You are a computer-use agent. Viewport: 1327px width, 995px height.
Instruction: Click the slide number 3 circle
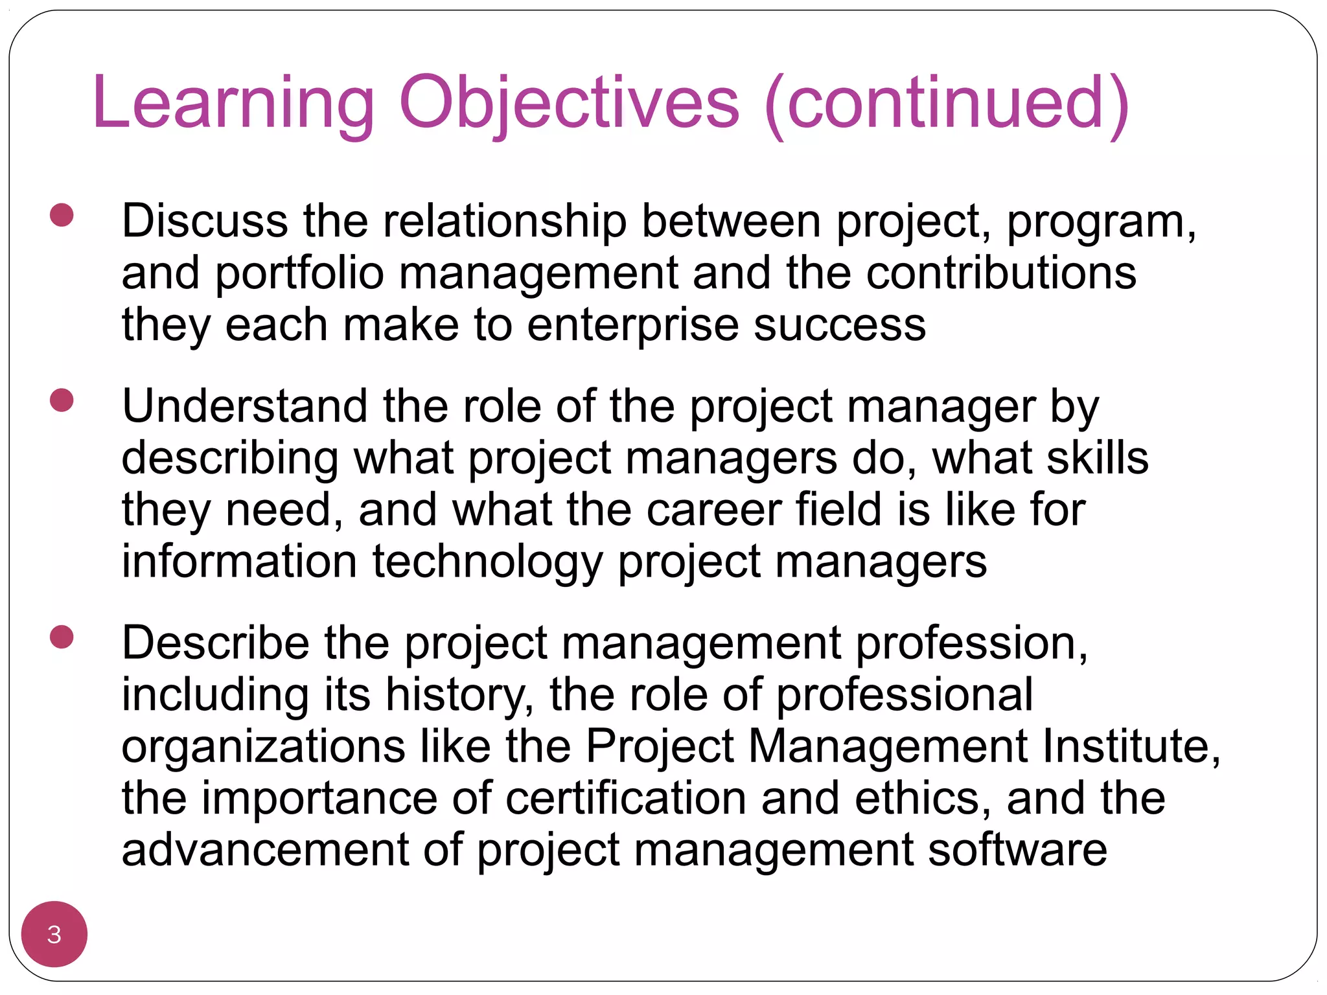[x=54, y=934]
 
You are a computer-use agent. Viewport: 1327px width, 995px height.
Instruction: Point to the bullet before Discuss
[x=62, y=215]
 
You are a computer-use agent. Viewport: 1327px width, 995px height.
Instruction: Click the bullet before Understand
[x=62, y=400]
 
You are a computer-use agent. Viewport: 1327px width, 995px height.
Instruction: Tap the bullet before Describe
[x=62, y=637]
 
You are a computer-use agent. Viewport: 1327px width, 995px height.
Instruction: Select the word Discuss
[x=205, y=222]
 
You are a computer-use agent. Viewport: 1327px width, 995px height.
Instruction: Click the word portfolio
[x=299, y=273]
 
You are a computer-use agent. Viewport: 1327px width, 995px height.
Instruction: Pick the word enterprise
[x=632, y=325]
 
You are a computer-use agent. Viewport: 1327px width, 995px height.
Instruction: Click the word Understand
[x=245, y=407]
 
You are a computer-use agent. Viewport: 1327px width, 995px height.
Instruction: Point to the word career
[x=713, y=510]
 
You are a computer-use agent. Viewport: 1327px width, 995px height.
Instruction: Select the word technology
[x=487, y=562]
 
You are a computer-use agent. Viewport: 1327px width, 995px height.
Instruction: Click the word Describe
[x=215, y=644]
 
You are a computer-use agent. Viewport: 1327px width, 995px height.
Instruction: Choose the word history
[x=460, y=696]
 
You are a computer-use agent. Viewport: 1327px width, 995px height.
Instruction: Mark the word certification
[x=625, y=799]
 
